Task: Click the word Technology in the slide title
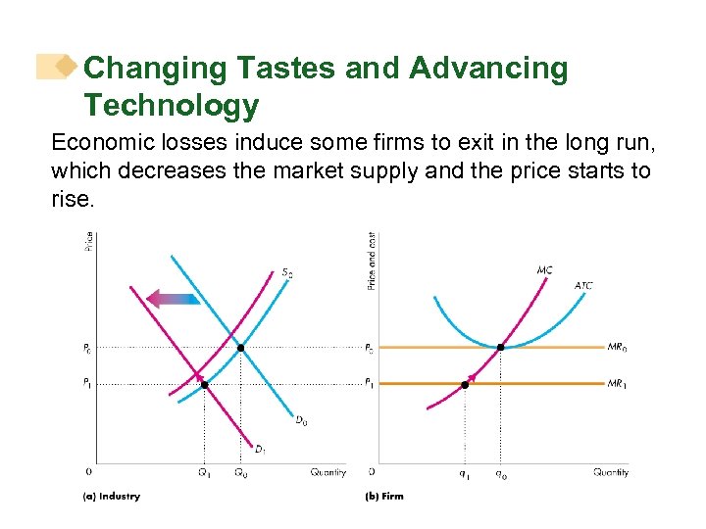pyautogui.click(x=171, y=104)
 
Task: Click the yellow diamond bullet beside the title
pyautogui.click(x=66, y=68)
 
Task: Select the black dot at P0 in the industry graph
pyautogui.click(x=241, y=347)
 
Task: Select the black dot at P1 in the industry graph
pyautogui.click(x=204, y=384)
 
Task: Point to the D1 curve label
pyautogui.click(x=260, y=450)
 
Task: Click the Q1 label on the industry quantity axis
pyautogui.click(x=204, y=473)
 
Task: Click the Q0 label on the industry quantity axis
pyautogui.click(x=241, y=473)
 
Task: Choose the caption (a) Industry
pyautogui.click(x=111, y=497)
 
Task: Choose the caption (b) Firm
pyautogui.click(x=383, y=497)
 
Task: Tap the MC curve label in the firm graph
pyautogui.click(x=544, y=269)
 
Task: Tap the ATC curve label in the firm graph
pyautogui.click(x=582, y=286)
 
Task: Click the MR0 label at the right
pyautogui.click(x=618, y=347)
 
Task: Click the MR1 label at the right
pyautogui.click(x=618, y=384)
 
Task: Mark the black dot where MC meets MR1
pyautogui.click(x=465, y=384)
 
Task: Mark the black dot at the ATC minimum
pyautogui.click(x=501, y=347)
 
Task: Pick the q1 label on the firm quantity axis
pyautogui.click(x=464, y=473)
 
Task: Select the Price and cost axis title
pyautogui.click(x=372, y=260)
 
